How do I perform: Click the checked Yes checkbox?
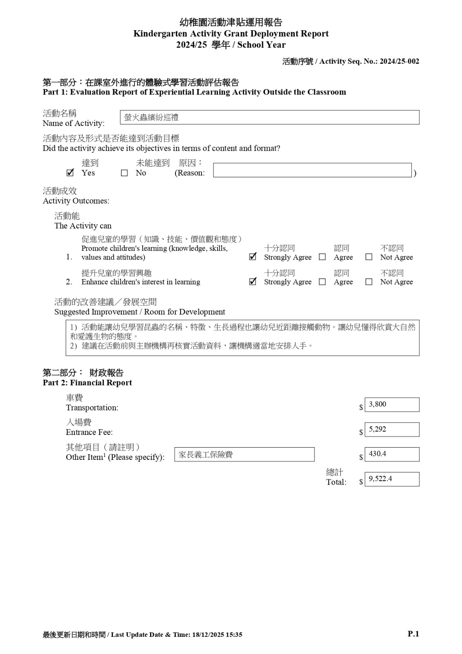click(70, 173)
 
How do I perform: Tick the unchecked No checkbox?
click(124, 173)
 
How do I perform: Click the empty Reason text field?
click(312, 170)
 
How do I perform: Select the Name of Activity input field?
click(269, 117)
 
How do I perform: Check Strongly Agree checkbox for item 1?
click(253, 257)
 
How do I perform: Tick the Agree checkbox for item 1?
click(322, 257)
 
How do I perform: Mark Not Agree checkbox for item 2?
click(369, 282)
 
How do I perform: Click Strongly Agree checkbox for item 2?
click(253, 281)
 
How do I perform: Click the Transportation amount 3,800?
click(391, 405)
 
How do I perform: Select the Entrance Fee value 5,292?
click(391, 430)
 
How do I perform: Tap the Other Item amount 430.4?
click(391, 454)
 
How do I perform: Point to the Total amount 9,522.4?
click(391, 479)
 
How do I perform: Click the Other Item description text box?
click(244, 455)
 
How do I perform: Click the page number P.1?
click(413, 634)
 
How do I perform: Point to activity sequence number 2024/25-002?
click(399, 61)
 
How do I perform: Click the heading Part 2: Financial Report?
click(87, 383)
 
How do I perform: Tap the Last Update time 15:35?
click(234, 635)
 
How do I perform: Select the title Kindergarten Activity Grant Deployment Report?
click(231, 34)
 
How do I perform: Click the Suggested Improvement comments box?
click(242, 338)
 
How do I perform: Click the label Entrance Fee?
click(89, 432)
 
